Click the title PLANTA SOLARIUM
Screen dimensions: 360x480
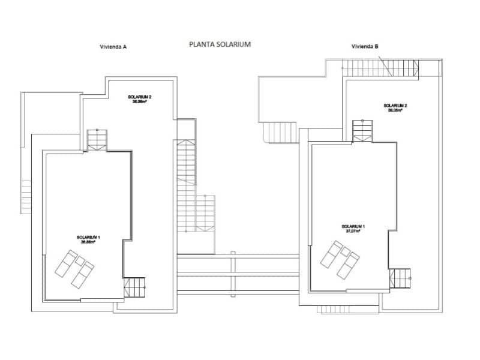[219, 44]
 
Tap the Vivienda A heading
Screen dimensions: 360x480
[113, 47]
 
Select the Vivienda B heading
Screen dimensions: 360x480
[365, 47]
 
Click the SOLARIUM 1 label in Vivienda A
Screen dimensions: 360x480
[88, 238]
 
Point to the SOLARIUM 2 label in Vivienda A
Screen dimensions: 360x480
[140, 97]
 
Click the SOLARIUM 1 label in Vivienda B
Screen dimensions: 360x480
[353, 226]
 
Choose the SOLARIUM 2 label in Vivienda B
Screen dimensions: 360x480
[395, 106]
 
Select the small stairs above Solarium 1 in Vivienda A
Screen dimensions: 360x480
[97, 139]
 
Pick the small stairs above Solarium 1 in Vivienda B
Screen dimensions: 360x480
[362, 130]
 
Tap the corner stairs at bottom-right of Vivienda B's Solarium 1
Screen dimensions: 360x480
[400, 278]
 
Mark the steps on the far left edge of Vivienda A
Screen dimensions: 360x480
[26, 194]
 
